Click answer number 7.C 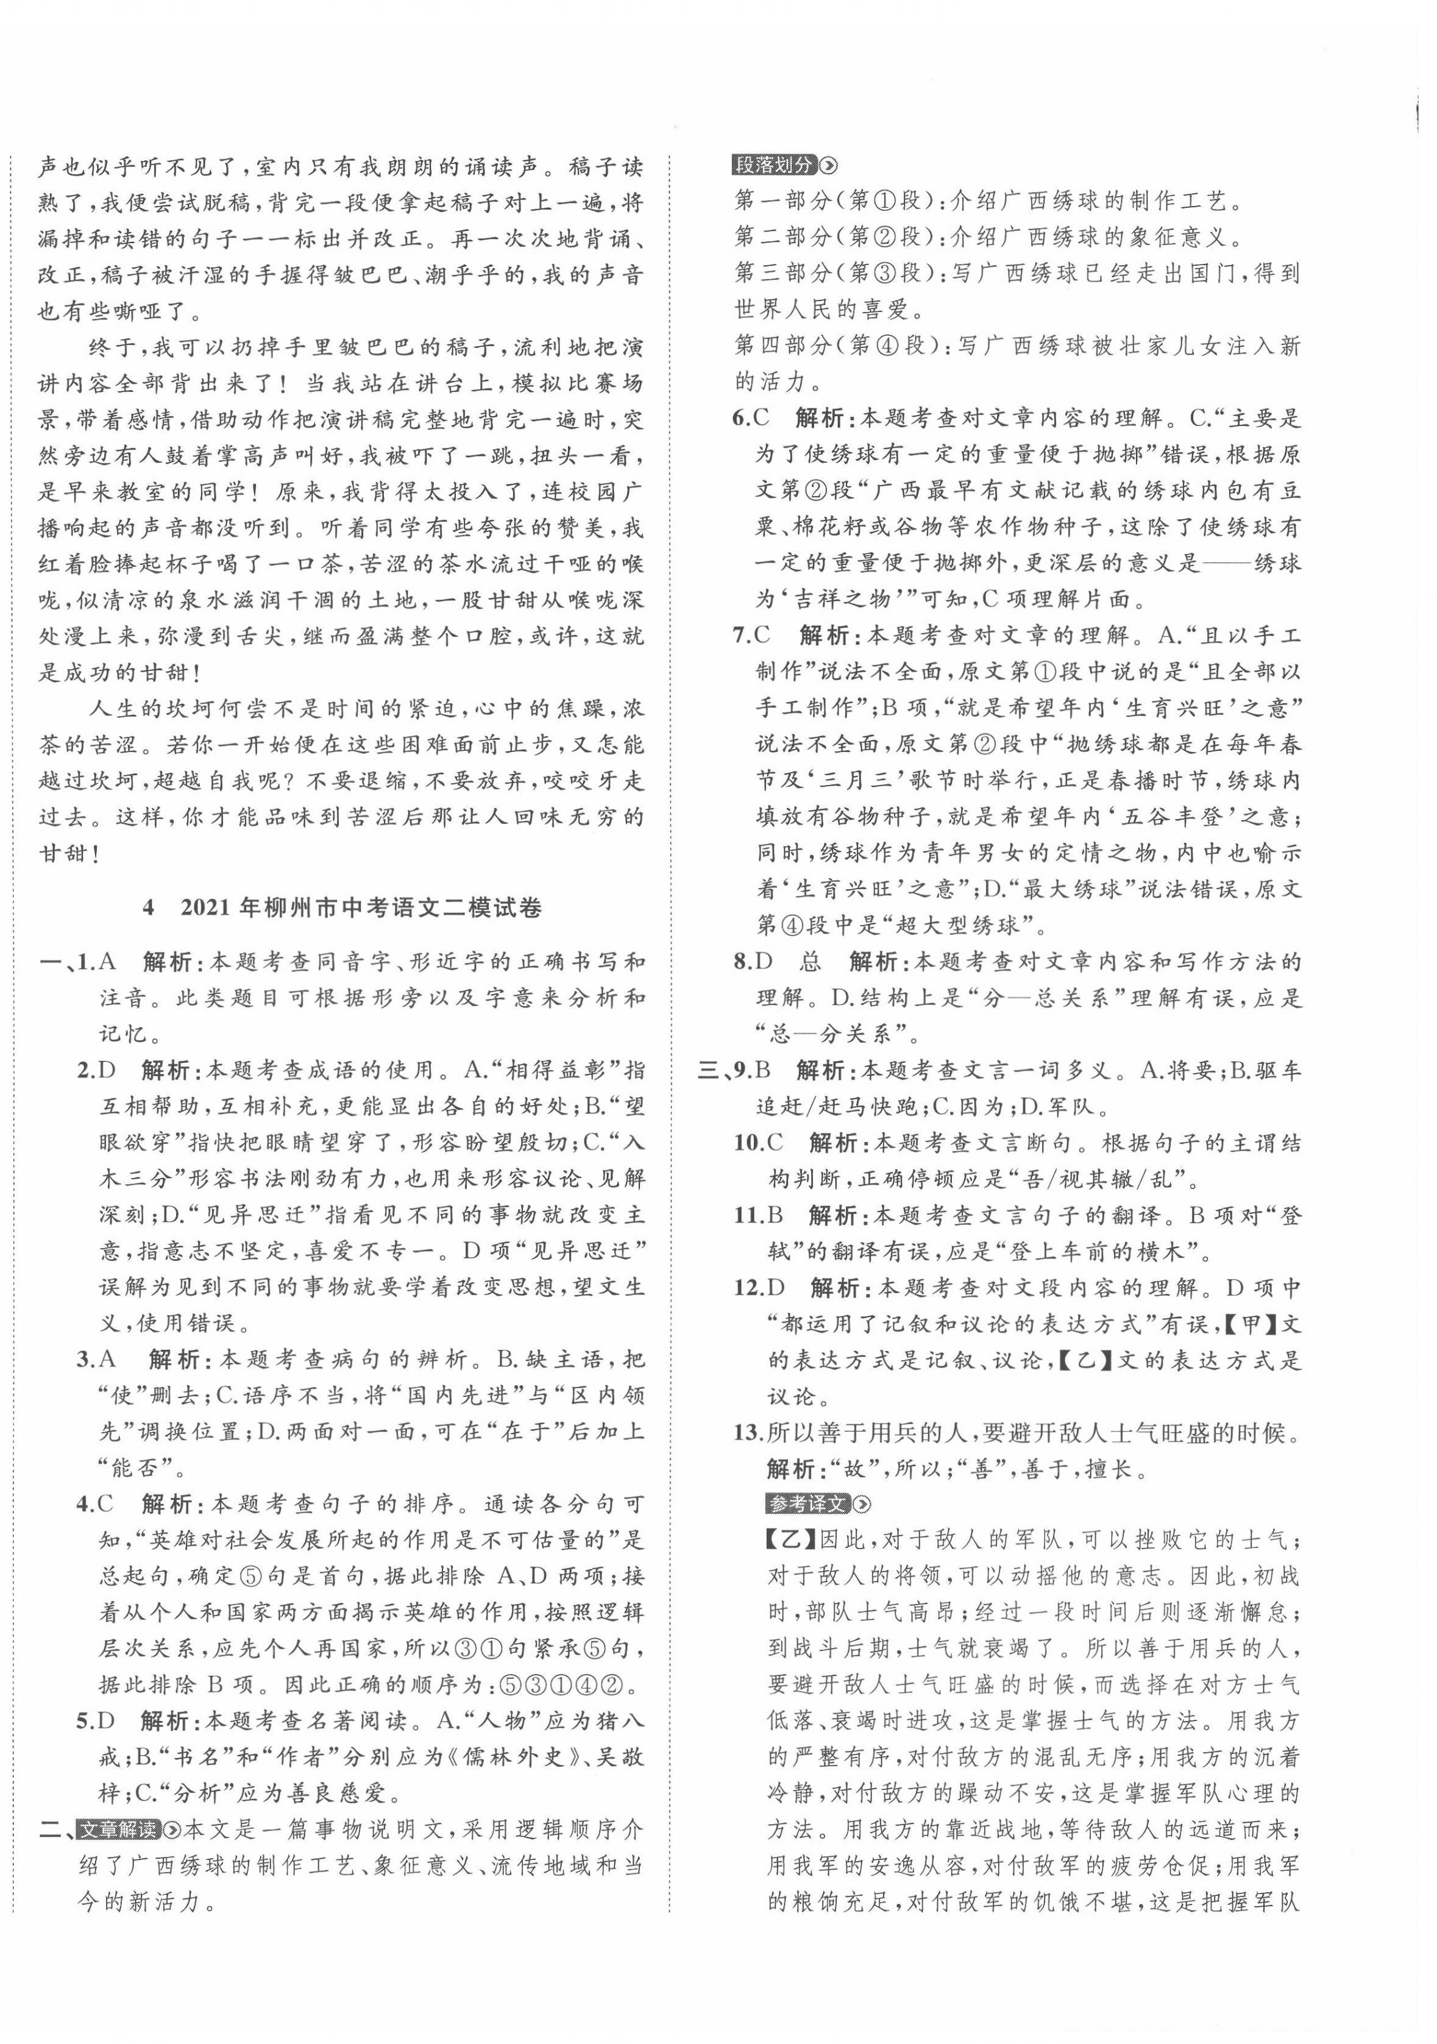(x=751, y=636)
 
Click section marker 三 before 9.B (x=709, y=1071)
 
